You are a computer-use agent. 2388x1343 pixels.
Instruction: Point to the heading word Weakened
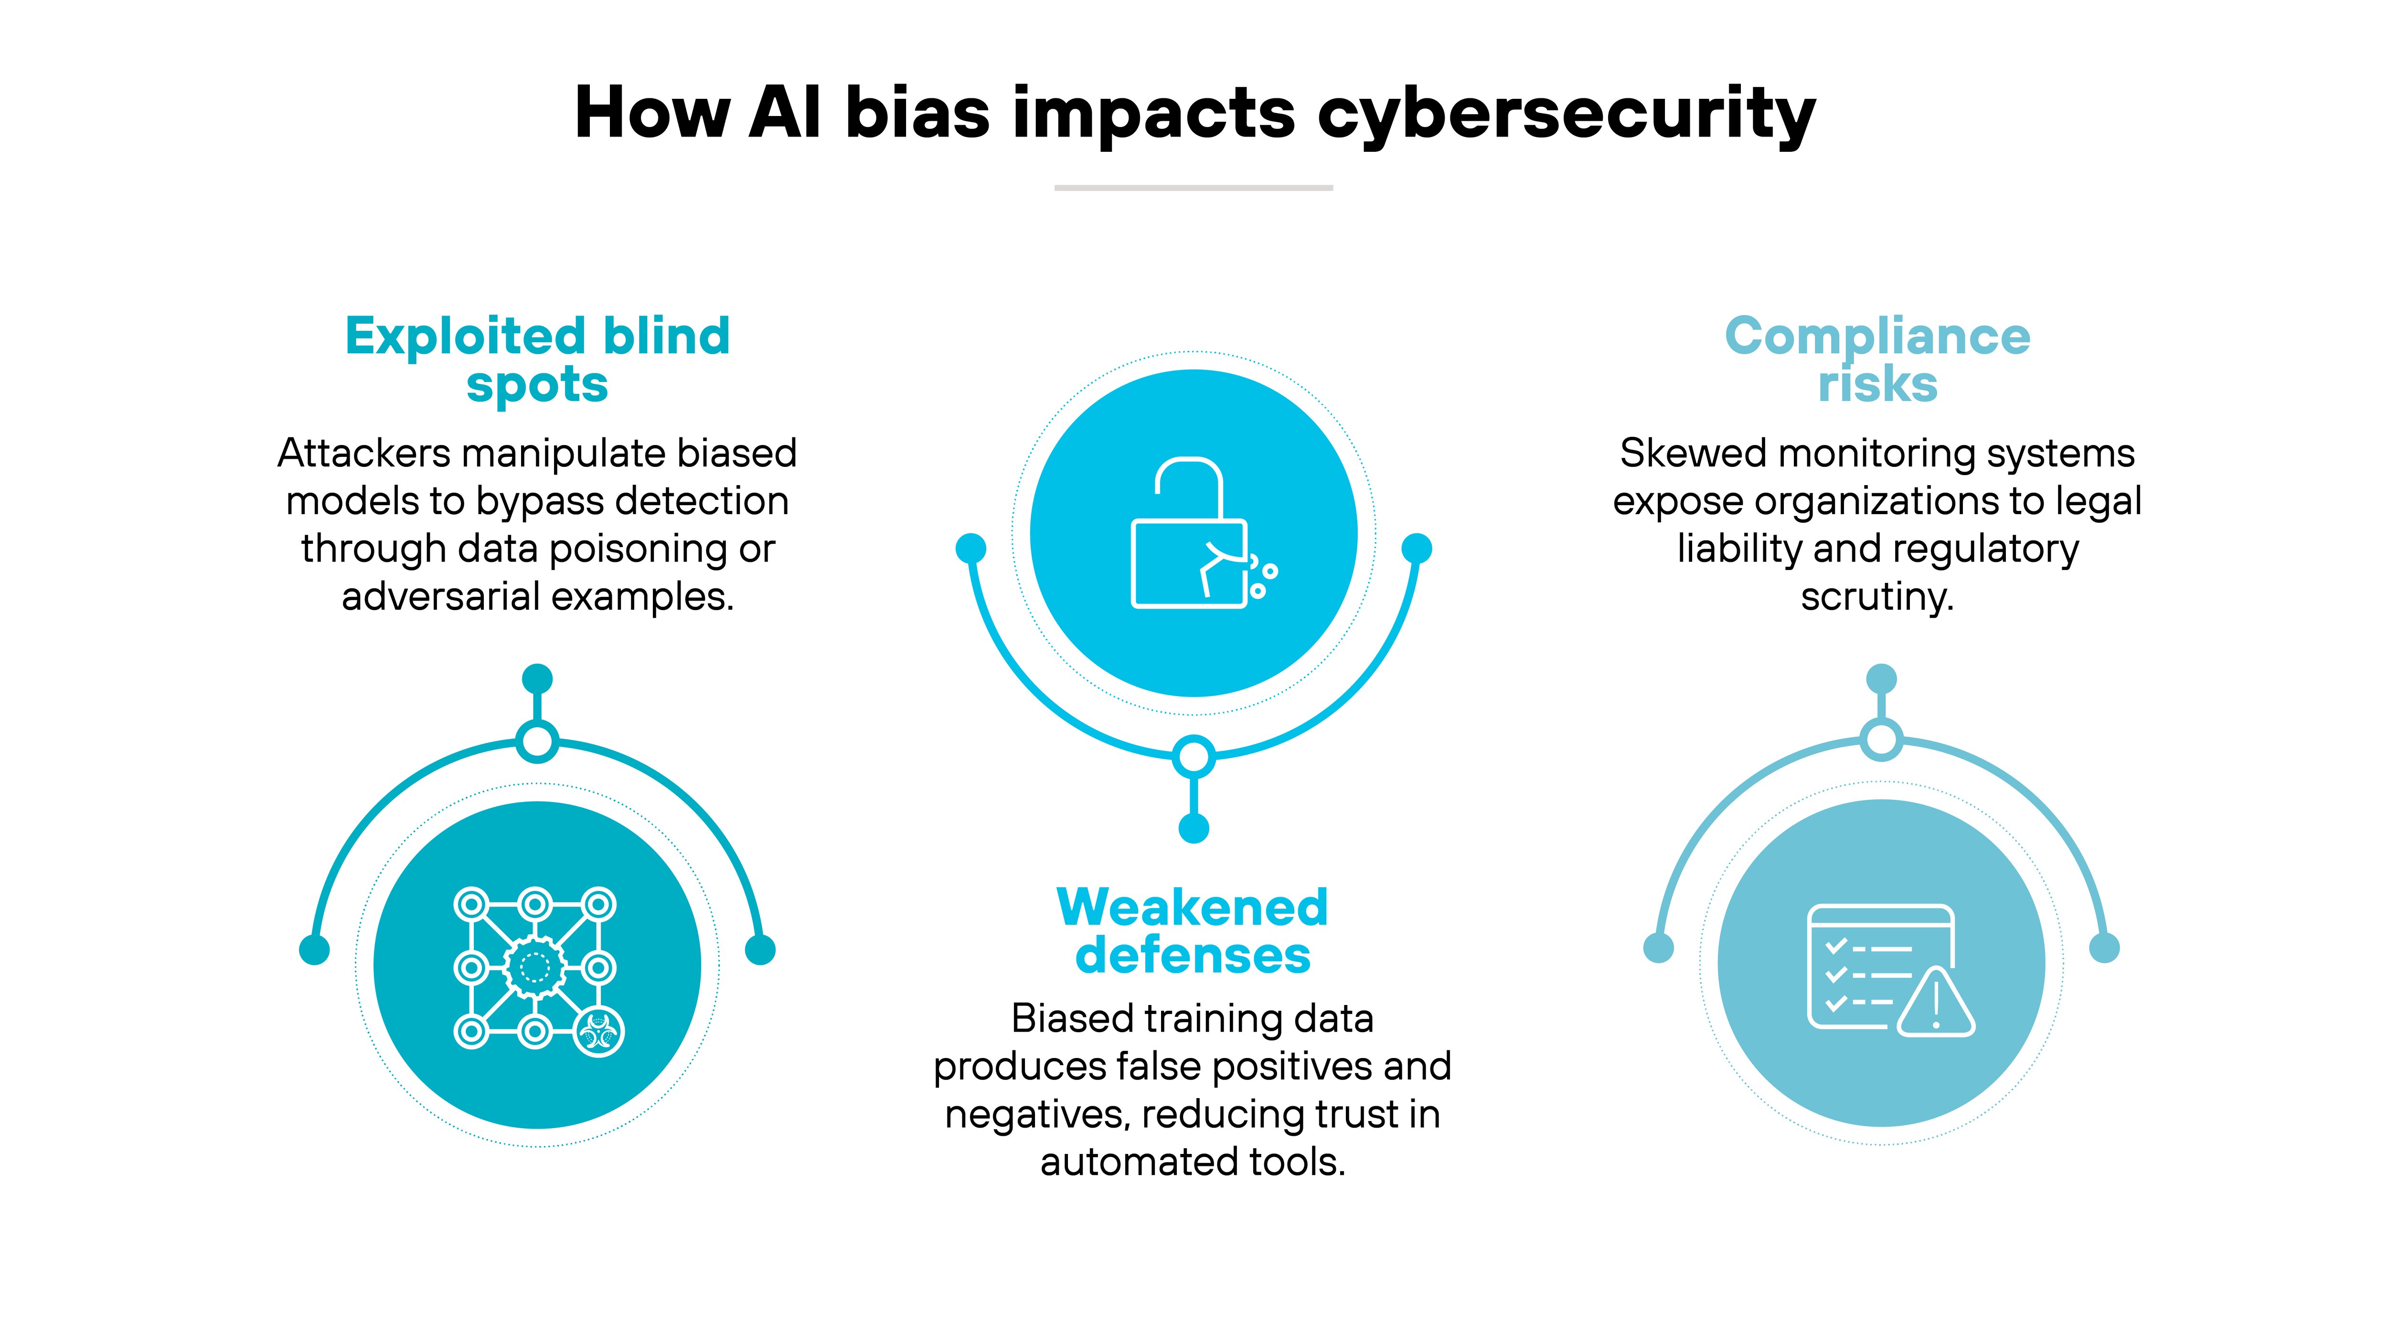coord(1192,908)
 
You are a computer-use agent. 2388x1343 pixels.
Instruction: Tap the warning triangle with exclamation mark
coord(1937,1003)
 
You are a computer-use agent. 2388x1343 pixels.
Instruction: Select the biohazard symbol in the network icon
coord(599,1032)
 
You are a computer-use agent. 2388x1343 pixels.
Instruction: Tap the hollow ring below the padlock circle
coord(1193,756)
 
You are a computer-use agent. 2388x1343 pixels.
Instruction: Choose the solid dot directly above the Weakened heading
coord(1193,828)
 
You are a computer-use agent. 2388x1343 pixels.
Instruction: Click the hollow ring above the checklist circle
coord(1881,740)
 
